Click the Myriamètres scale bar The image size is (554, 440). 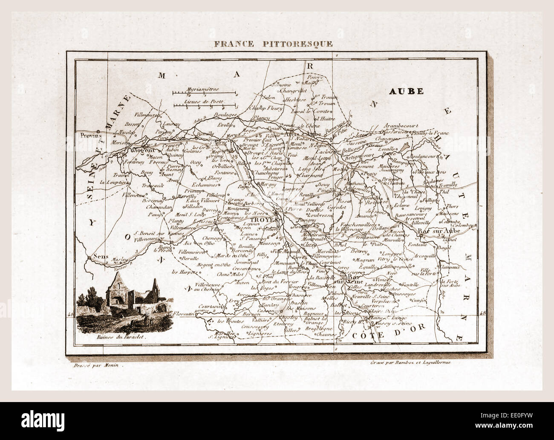coord(204,92)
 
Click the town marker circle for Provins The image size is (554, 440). coord(98,131)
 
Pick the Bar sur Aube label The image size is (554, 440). coord(437,231)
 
